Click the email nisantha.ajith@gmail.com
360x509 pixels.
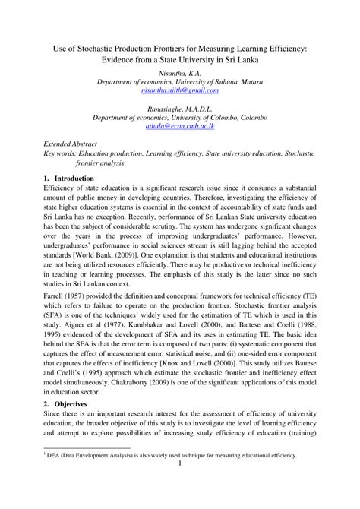(179, 90)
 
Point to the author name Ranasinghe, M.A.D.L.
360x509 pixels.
(179, 109)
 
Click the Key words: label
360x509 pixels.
(60, 153)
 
